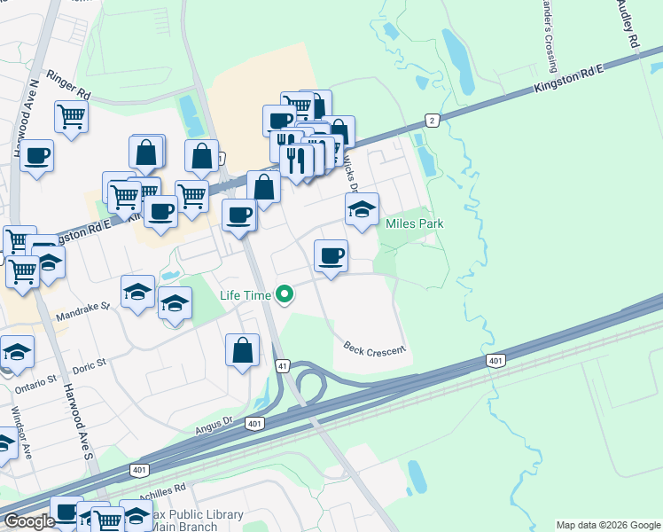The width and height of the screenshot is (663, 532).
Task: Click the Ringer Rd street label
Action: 70,80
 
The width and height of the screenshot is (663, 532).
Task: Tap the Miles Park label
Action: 414,223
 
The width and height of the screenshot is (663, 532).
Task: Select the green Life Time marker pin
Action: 285,293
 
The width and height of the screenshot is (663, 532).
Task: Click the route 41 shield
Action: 283,364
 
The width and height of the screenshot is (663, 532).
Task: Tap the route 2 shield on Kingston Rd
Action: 432,120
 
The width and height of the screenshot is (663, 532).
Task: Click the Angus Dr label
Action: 217,427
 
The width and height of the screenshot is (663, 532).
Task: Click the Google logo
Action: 29,521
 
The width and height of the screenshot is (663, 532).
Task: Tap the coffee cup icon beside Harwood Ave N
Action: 37,155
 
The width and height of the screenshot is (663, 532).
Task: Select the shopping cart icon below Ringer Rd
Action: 71,114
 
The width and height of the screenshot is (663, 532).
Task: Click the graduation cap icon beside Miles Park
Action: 362,209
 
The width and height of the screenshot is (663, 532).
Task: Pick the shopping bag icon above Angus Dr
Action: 242,349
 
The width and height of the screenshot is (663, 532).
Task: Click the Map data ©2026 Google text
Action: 607,525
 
